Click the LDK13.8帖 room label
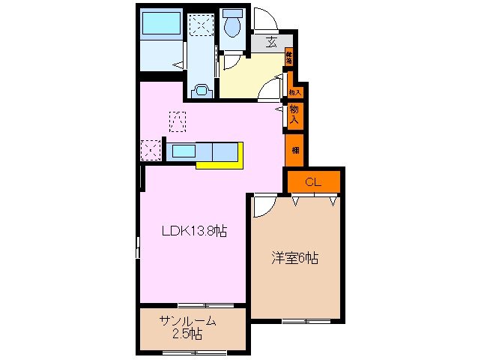tap(194, 232)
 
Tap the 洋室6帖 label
tap(294, 259)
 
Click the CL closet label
tap(313, 181)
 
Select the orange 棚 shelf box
tap(294, 148)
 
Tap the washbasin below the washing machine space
tap(200, 91)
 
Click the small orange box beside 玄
tap(288, 57)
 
